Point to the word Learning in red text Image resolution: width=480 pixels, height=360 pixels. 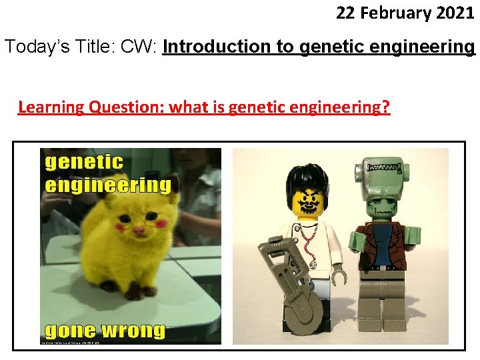point(49,107)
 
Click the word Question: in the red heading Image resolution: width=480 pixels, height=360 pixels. point(125,107)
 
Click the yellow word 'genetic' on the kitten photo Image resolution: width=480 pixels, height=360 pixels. point(84,162)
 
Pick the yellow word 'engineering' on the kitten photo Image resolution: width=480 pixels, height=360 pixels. point(107,184)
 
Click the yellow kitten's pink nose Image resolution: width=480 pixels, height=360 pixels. point(138,230)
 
